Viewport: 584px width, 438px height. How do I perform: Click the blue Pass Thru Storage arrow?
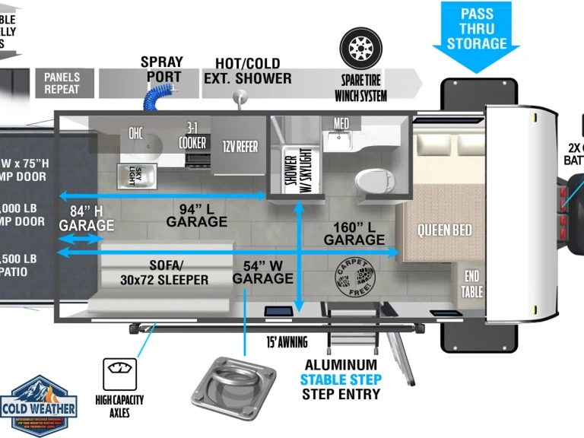pyautogui.click(x=476, y=34)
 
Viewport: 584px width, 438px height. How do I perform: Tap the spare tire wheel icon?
pyautogui.click(x=360, y=48)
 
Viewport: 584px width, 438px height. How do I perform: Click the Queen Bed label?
pyautogui.click(x=444, y=230)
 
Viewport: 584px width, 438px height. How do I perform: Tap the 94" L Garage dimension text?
pyautogui.click(x=197, y=214)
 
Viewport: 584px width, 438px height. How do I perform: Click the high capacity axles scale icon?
pyautogui.click(x=119, y=374)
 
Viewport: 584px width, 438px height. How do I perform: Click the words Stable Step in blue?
pyautogui.click(x=340, y=379)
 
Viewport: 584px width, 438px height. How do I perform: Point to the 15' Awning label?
pyautogui.click(x=287, y=341)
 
